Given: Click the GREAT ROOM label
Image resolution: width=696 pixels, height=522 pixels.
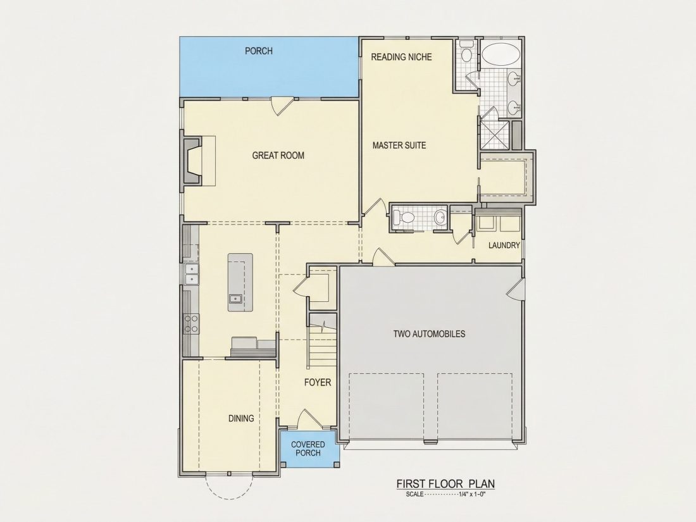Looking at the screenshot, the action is click(x=278, y=156).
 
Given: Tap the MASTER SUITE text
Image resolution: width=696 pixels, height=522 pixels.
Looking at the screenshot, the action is click(x=399, y=145).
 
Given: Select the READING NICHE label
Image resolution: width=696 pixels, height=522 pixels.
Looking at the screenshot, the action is click(x=401, y=57).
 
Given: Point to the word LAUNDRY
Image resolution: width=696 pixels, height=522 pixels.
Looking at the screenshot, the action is click(x=504, y=245).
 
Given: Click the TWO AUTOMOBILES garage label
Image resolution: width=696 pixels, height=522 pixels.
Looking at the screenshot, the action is click(x=429, y=334).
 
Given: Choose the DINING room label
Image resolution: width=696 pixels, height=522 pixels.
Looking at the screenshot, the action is click(x=241, y=418).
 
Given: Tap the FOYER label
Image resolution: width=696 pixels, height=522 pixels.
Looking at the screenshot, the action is click(x=318, y=382).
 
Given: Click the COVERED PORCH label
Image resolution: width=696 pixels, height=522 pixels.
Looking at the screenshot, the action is click(x=308, y=449).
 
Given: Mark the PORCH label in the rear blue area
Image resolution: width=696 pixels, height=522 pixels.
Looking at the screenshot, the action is click(x=259, y=51).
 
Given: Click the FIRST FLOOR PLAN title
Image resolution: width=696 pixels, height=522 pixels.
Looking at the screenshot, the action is click(x=445, y=484).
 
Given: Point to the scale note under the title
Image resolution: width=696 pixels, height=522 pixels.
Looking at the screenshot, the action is click(x=445, y=494).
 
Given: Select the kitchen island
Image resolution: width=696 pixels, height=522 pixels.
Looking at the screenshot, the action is click(x=240, y=282).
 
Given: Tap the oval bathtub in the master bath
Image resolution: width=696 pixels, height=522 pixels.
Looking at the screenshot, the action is click(x=500, y=54).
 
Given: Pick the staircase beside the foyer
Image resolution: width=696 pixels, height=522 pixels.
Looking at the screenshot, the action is click(x=322, y=341).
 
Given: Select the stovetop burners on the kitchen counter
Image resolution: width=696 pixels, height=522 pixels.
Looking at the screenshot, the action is click(x=191, y=323).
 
